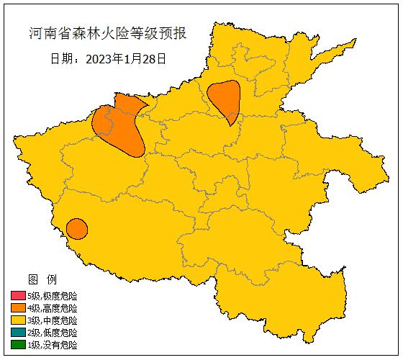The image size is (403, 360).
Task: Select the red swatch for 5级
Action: pos(18,296)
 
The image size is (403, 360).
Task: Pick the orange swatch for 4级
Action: pos(18,308)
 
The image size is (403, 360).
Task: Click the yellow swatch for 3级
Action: pos(18,320)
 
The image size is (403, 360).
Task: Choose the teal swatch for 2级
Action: pos(18,333)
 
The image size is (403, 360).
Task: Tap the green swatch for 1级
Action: pos(18,345)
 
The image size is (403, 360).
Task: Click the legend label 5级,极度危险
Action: pos(52,296)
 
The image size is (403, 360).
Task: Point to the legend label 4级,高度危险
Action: pos(52,308)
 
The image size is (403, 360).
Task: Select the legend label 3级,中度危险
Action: pos(52,320)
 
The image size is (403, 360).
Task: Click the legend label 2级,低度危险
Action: pos(52,333)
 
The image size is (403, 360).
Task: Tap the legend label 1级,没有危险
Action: pos(52,345)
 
